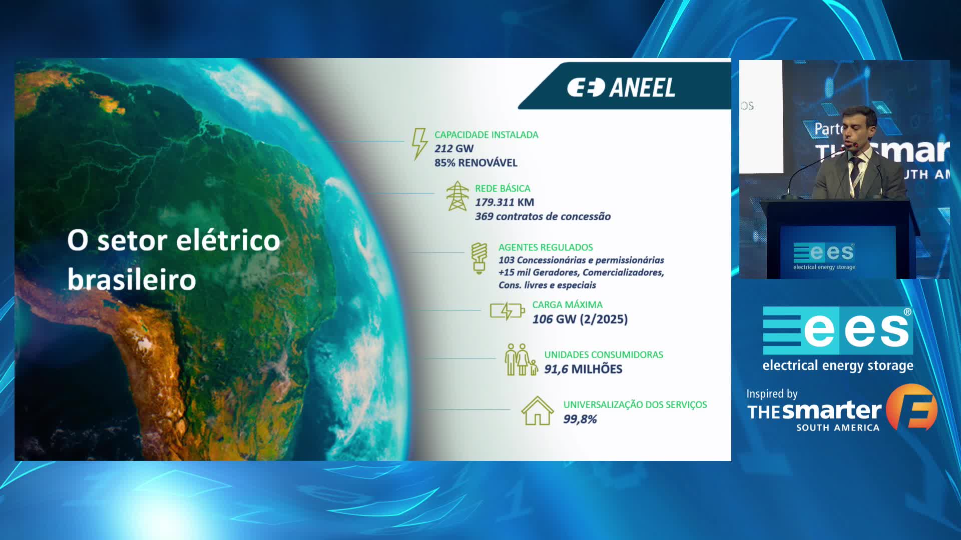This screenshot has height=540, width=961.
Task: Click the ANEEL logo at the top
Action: pos(621,87)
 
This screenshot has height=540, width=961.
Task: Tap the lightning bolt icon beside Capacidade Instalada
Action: pos(419,144)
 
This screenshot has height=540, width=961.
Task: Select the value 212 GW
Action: pos(454,148)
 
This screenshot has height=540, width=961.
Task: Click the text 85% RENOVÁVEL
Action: pos(475,162)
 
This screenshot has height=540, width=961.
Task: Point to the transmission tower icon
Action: pos(457,196)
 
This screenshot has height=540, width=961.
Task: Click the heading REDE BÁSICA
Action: pos(503,188)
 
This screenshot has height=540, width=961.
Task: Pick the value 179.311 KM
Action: pos(505,202)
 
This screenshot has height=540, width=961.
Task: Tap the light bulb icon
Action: pos(479,258)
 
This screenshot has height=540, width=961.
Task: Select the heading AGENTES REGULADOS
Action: pos(546,247)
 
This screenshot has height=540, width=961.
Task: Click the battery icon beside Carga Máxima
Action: pos(507,311)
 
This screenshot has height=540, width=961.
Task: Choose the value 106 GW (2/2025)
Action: pos(580,319)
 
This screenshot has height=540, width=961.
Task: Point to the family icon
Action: pos(521,359)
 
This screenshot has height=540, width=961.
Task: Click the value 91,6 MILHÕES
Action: pos(583,369)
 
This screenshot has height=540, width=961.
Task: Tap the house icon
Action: pos(538,410)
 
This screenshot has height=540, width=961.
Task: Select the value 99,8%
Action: pos(580,419)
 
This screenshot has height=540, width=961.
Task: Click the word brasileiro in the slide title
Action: pos(132,279)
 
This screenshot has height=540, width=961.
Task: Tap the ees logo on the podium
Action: pos(824,256)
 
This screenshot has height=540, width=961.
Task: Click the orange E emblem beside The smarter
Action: pos(912,407)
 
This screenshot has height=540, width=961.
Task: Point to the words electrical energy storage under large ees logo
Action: pos(838,365)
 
